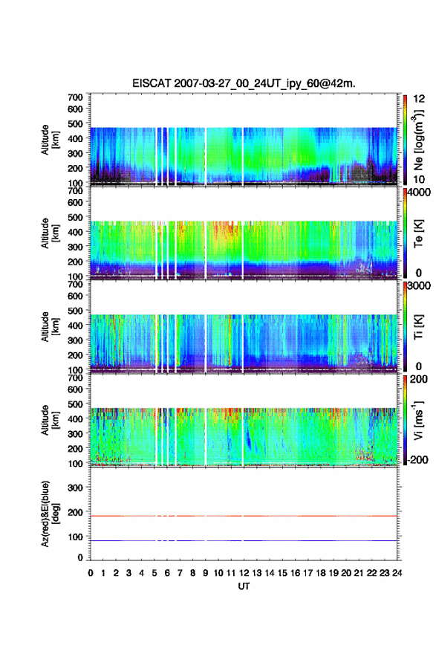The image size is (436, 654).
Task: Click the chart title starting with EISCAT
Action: point(244,83)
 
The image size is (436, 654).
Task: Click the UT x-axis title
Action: point(244,586)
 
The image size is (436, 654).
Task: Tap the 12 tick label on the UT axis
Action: point(244,573)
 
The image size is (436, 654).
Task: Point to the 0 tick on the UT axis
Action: point(91,573)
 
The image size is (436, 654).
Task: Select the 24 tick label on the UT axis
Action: point(397,573)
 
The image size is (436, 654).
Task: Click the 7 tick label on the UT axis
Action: point(180,573)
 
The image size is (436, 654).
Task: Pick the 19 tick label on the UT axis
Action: point(333,573)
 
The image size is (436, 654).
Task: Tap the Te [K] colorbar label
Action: point(419,233)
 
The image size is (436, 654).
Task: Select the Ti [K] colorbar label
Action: point(419,327)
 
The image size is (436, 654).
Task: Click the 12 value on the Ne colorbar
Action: point(419,99)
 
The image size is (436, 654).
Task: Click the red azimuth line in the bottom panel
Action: point(244,516)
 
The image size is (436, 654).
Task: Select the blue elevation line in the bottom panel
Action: point(244,540)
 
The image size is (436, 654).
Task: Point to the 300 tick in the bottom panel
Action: point(75,488)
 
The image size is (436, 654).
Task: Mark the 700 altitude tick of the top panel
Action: point(75,97)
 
